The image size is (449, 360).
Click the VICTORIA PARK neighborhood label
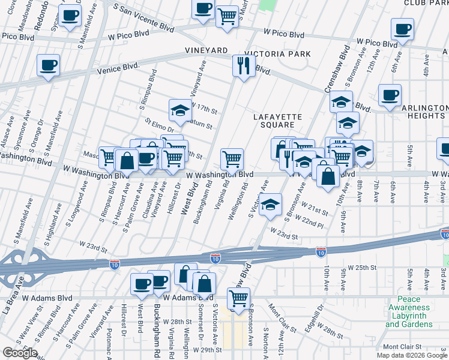(x=282, y=54)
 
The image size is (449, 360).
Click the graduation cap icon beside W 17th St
(x=179, y=110)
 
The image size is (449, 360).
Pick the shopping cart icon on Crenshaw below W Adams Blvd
(x=239, y=298)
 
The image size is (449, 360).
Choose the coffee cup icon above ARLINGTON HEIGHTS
(x=390, y=95)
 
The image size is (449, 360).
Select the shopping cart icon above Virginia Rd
(x=232, y=159)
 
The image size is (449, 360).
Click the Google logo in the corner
(x=19, y=353)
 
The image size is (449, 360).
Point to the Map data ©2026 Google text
(x=412, y=355)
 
